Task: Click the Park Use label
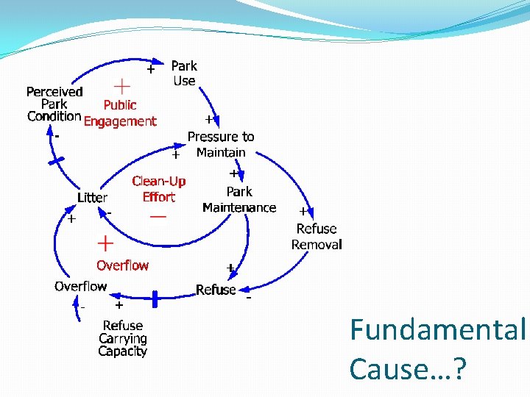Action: coord(184,74)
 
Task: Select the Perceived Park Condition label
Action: coord(54,104)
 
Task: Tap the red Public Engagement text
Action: coord(120,113)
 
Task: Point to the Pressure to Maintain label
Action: coord(221,144)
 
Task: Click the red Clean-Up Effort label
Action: coord(159,189)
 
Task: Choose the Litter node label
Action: coord(93,198)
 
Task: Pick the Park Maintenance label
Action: coord(239,199)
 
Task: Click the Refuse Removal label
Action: coord(317,236)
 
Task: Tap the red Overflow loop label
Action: coord(122,265)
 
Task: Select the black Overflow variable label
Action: coord(80,286)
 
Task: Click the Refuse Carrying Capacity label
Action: coord(123,338)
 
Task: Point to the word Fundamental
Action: coord(439,330)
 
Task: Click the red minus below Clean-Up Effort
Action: coord(158,217)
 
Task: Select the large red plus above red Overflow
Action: coord(106,243)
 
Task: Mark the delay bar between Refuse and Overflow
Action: coord(155,298)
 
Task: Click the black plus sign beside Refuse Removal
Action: coord(303,211)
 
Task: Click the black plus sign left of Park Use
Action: coord(150,70)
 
